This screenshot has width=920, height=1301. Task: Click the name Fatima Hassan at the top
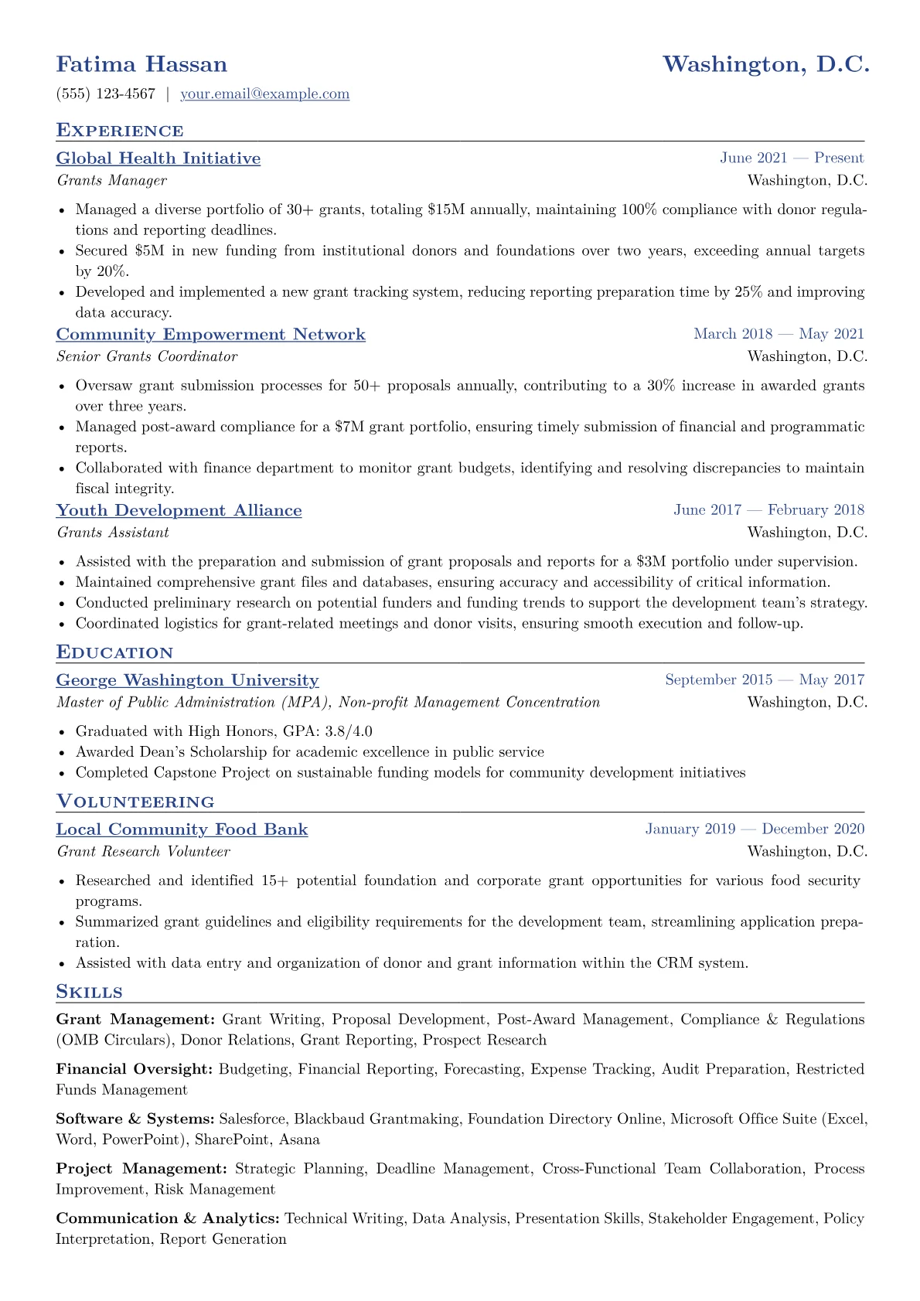tap(141, 64)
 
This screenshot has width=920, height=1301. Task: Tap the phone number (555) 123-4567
tap(105, 94)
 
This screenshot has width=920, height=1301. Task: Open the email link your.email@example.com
tap(264, 94)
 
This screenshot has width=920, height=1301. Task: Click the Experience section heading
tap(120, 131)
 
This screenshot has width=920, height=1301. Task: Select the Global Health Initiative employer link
tap(158, 158)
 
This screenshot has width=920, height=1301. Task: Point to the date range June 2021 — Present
tap(791, 158)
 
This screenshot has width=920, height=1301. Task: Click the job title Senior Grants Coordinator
tap(147, 356)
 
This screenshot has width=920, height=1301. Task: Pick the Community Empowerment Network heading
tap(210, 335)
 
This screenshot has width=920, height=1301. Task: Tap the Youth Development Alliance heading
tap(179, 511)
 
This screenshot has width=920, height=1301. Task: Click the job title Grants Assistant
tap(113, 533)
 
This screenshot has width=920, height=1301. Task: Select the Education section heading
tap(114, 652)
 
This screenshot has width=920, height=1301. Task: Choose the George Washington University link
tap(187, 680)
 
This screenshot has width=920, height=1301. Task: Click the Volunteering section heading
tap(135, 802)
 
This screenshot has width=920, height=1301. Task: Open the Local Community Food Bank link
tap(182, 829)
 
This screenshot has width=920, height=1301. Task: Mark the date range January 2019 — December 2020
tap(755, 829)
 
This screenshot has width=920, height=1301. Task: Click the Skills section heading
tap(89, 992)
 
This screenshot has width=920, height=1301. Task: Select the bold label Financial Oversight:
tap(135, 1069)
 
